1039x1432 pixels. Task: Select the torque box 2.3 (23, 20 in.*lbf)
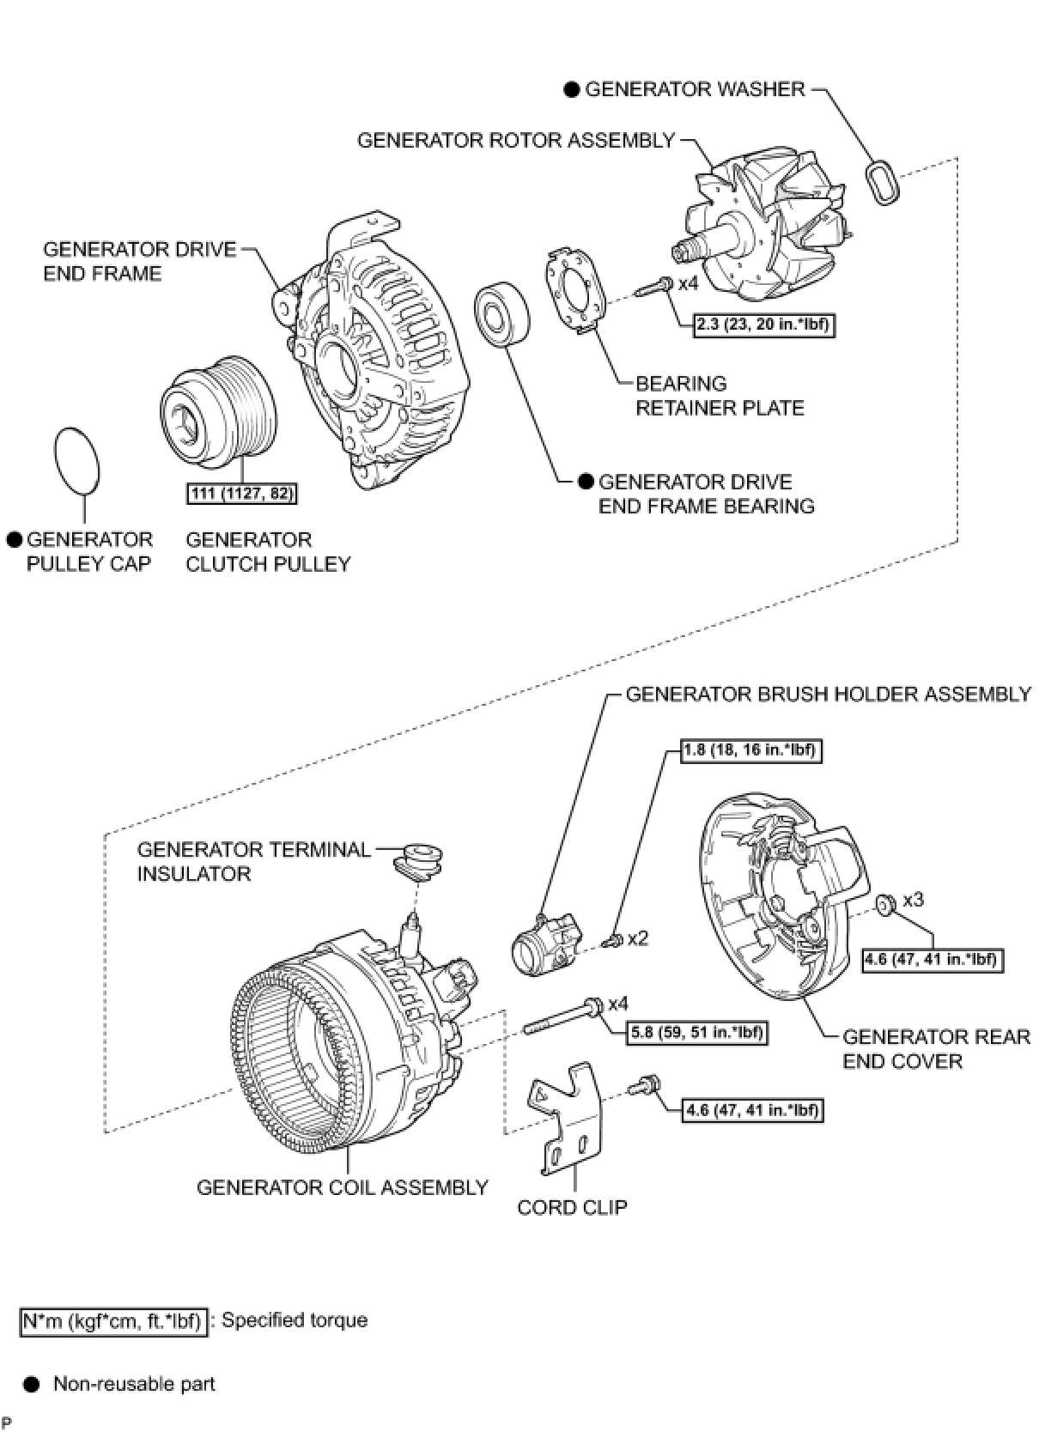pos(764,325)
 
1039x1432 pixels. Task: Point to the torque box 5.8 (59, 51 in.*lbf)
pos(696,1032)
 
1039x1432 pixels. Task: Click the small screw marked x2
pos(612,943)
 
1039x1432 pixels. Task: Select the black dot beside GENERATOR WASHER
pos(572,90)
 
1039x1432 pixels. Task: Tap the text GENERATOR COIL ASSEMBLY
pos(342,1187)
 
